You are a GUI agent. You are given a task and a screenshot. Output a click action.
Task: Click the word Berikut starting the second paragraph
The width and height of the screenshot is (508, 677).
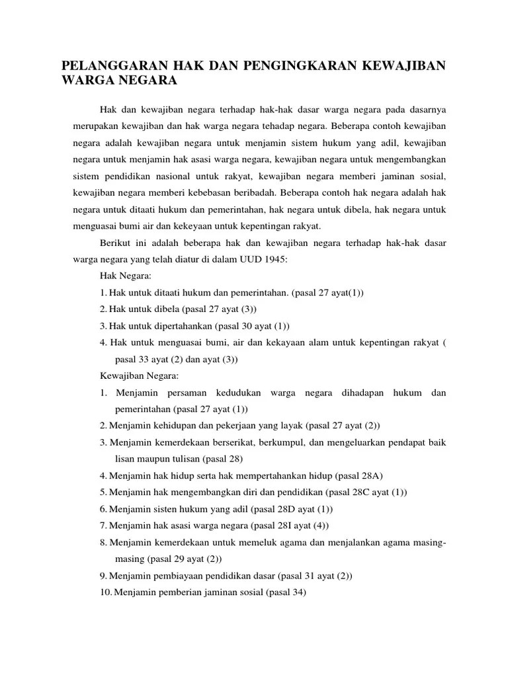[x=114, y=243]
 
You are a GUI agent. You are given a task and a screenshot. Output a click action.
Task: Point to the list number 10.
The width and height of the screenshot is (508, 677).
[x=106, y=593]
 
